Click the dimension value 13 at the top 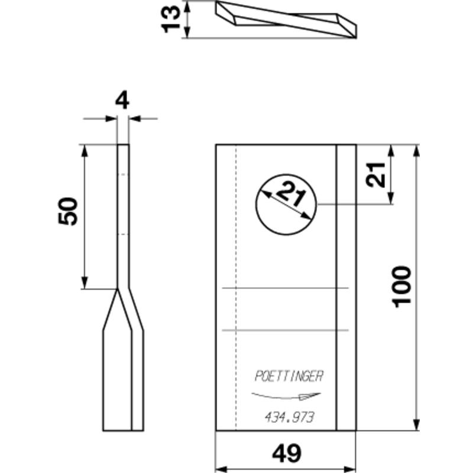click(x=171, y=20)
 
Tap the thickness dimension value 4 click(x=122, y=101)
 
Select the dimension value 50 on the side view click(x=68, y=211)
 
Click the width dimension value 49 click(x=287, y=453)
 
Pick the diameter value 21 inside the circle click(x=291, y=195)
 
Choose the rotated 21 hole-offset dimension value click(x=375, y=174)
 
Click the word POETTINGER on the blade click(x=289, y=377)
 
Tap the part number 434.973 click(x=290, y=418)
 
